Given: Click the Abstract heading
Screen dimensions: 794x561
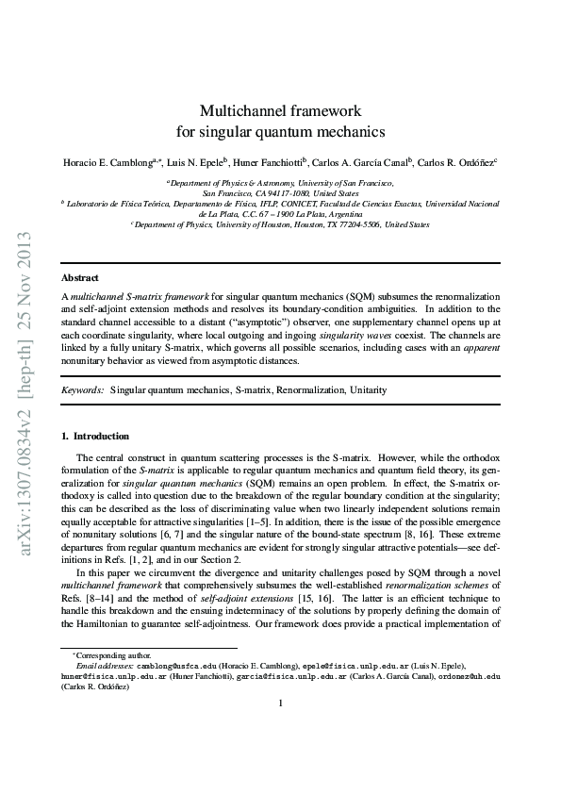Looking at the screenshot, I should pos(79,278).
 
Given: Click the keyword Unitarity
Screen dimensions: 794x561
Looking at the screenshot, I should pos(366,389).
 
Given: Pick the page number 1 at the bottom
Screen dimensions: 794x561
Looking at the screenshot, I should pos(280,729).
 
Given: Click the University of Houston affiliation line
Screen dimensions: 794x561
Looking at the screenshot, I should pos(280,225).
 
